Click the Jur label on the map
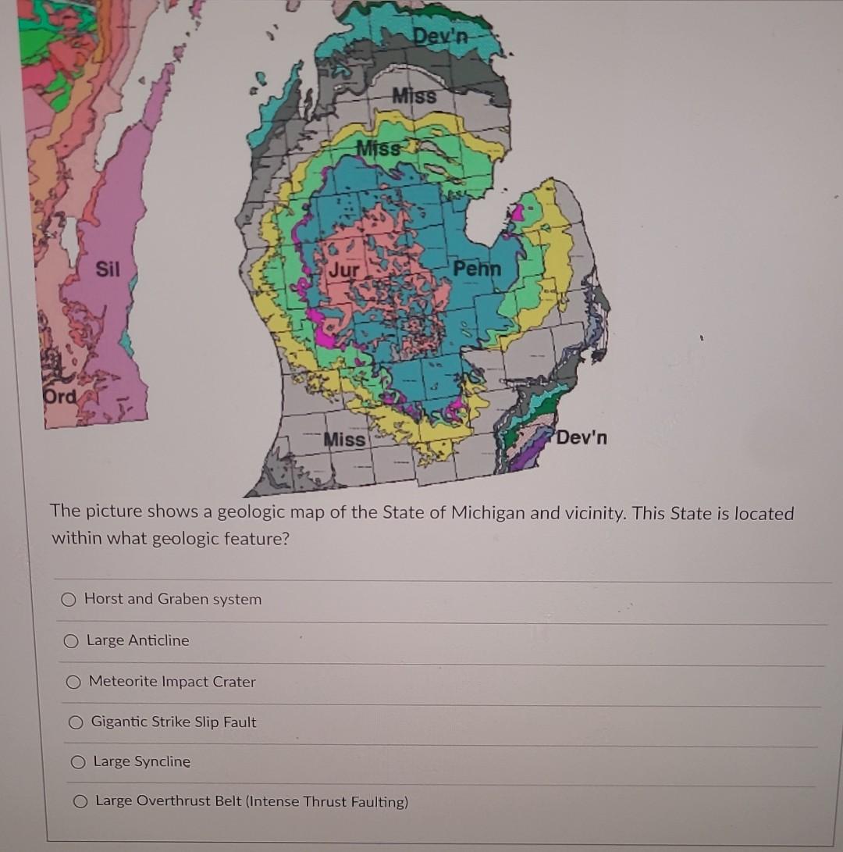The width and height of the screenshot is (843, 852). [x=344, y=271]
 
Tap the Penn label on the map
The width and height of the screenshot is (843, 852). [x=476, y=269]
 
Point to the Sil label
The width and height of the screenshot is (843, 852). [x=108, y=269]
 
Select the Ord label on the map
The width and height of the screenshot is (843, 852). [x=60, y=396]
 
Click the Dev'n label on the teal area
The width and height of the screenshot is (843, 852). [x=441, y=36]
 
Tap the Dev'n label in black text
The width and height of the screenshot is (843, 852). [x=582, y=437]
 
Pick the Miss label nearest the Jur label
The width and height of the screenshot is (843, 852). [x=377, y=148]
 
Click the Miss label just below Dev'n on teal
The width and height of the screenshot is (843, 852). [x=414, y=96]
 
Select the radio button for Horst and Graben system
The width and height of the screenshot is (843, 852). [x=69, y=600]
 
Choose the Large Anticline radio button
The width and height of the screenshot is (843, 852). [x=71, y=641]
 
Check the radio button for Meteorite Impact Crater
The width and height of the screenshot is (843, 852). [x=73, y=682]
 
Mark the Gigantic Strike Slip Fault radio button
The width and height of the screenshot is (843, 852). [x=76, y=722]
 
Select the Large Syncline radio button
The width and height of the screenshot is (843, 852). [x=77, y=762]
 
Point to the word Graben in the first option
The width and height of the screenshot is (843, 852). [x=183, y=599]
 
